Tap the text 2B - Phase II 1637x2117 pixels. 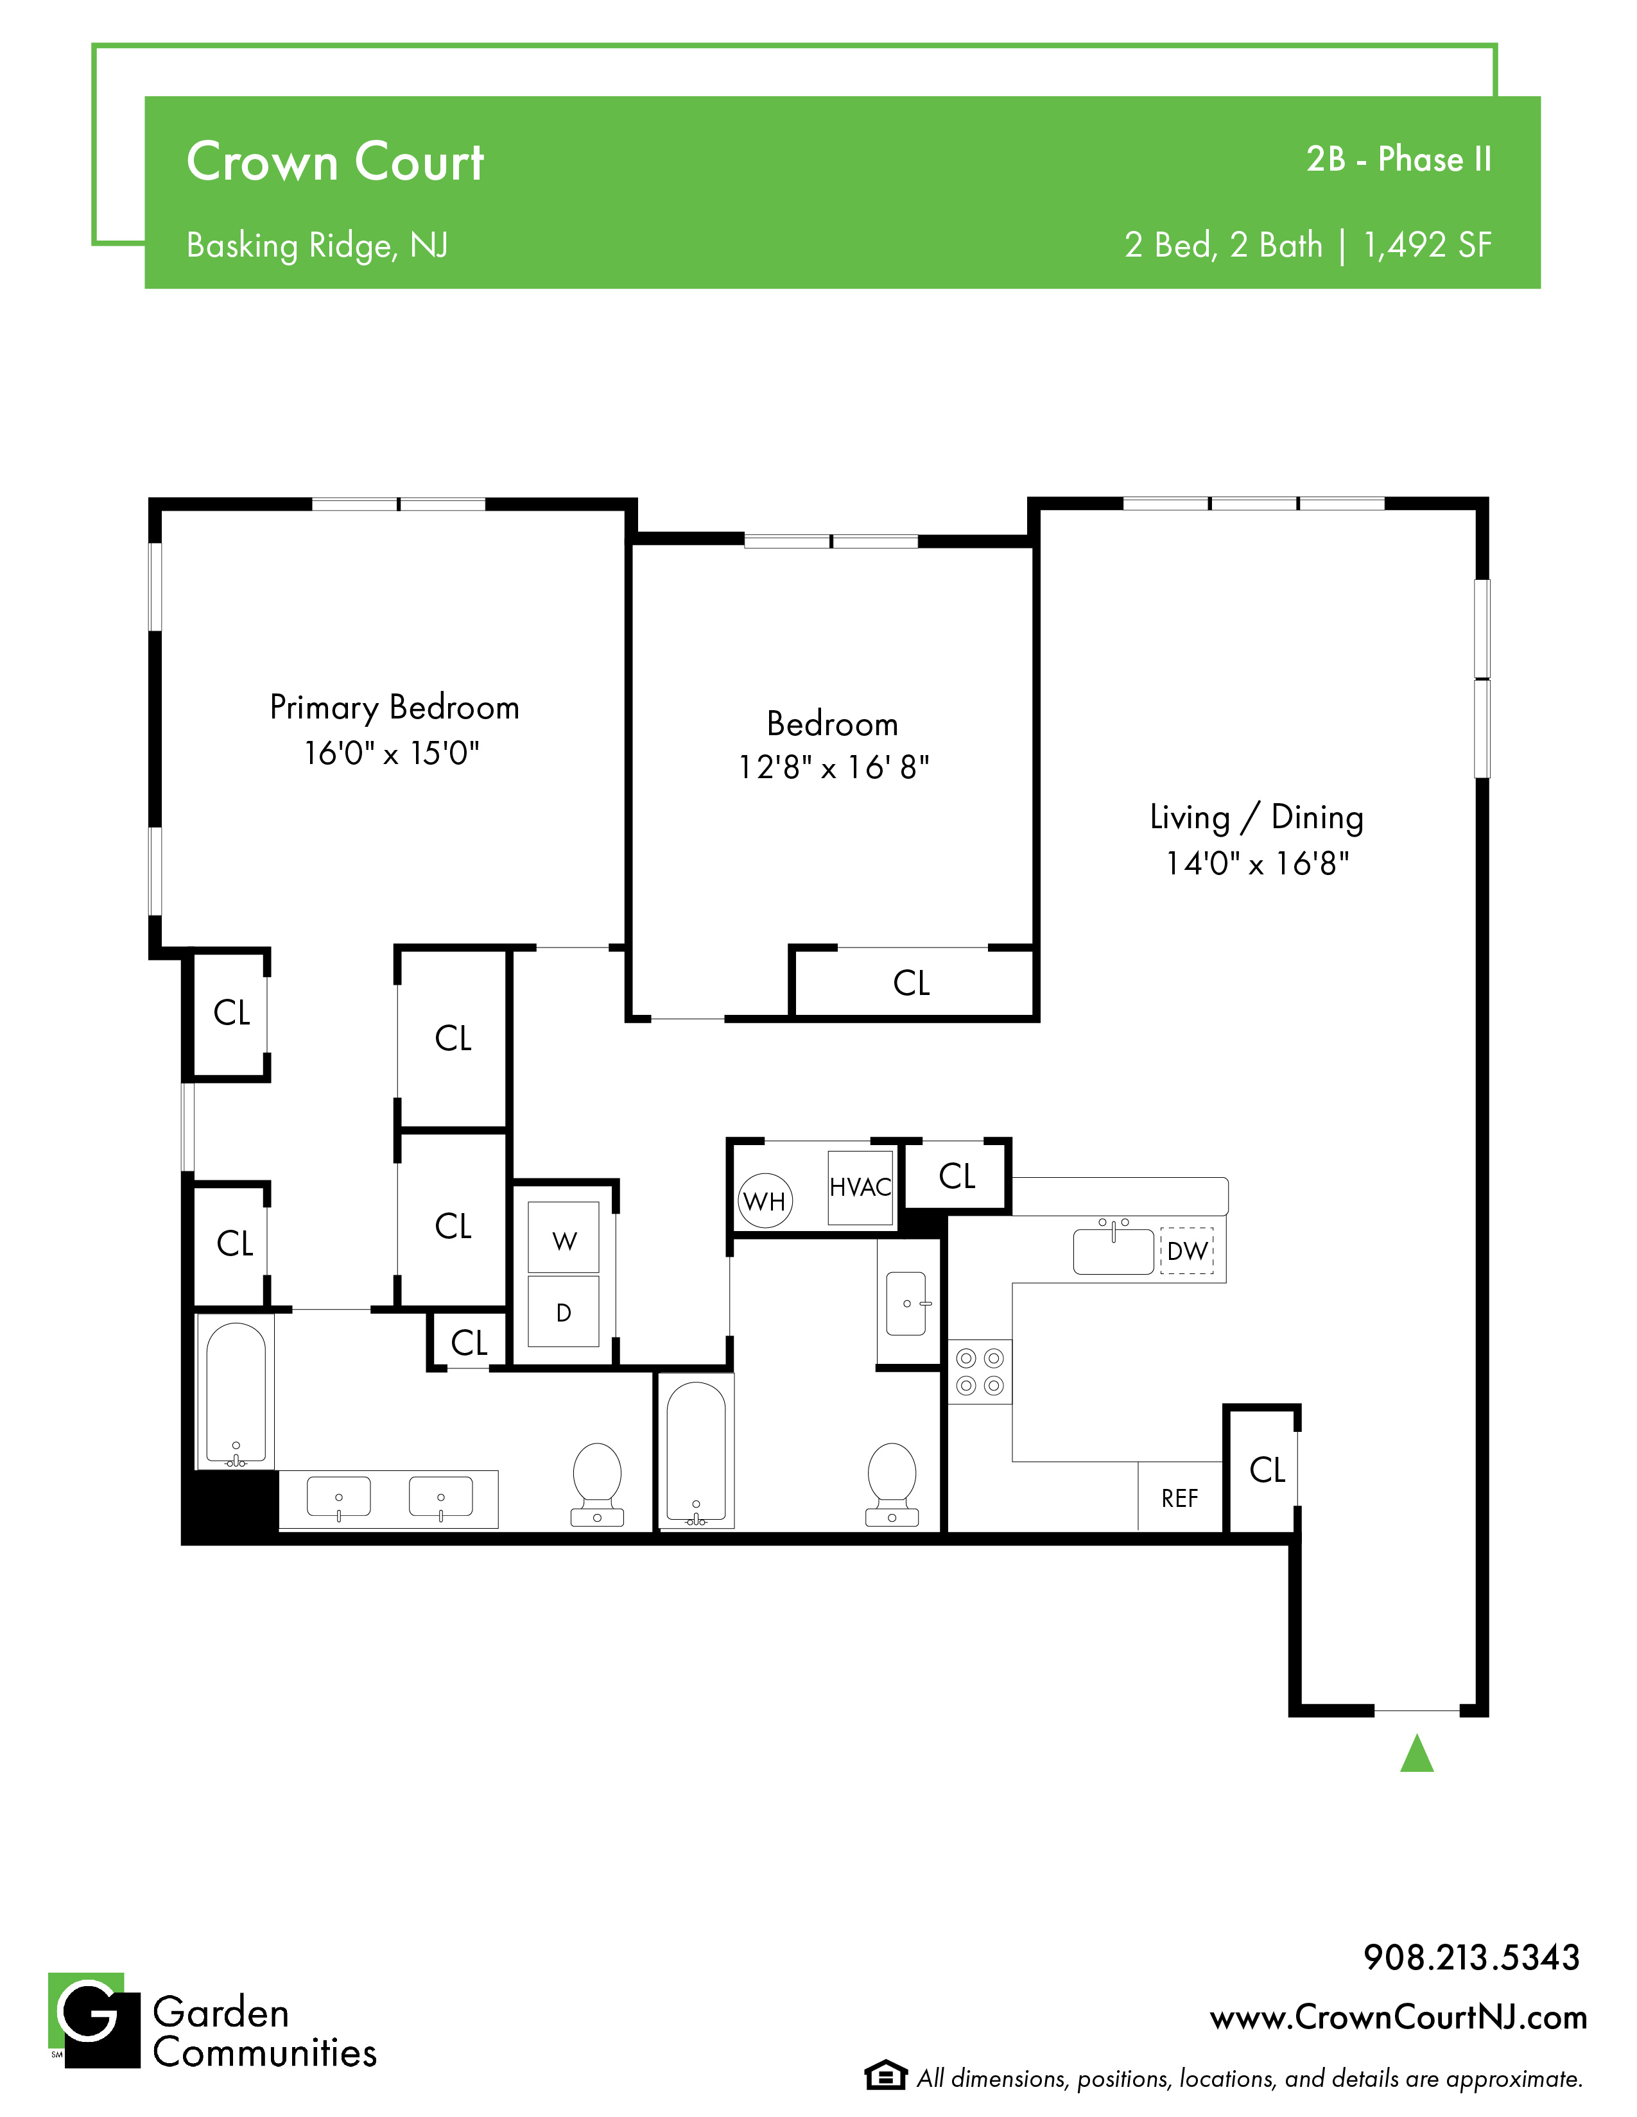click(1398, 159)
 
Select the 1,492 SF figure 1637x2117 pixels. click(1428, 245)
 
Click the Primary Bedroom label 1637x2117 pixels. click(395, 708)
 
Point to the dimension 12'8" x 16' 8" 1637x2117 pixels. click(834, 768)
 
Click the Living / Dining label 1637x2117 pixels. click(1257, 818)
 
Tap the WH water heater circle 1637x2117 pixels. click(765, 1201)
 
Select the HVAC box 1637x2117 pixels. click(860, 1187)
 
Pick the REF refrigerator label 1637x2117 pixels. click(1179, 1499)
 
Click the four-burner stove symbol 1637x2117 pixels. click(980, 1372)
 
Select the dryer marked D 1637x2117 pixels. click(564, 1311)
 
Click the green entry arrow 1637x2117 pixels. click(1417, 1753)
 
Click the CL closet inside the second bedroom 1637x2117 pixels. click(911, 983)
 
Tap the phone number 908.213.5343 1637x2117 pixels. click(1471, 1957)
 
